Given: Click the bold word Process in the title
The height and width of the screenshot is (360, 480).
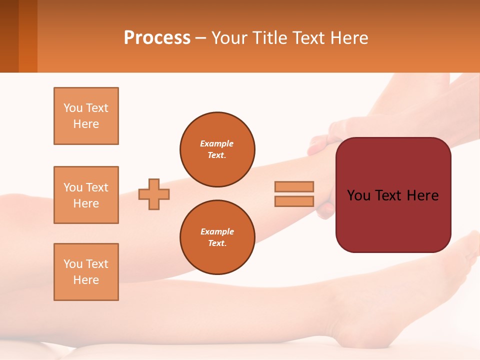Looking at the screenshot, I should coord(157,38).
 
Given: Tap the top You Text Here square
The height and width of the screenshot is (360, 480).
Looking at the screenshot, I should coord(86,116).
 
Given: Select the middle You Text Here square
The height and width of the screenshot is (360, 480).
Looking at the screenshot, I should coord(86,195).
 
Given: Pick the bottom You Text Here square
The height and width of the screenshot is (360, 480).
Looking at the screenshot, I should coord(86,272).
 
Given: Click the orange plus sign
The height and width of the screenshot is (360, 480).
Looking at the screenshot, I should coord(154,194).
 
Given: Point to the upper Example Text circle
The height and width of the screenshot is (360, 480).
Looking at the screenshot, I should coord(217,149).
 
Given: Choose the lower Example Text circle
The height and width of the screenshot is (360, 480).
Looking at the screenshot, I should coord(217,237).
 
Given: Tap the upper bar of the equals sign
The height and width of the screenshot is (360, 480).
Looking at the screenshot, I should coord(294,186).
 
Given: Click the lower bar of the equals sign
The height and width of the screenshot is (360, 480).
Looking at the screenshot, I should coord(294,201).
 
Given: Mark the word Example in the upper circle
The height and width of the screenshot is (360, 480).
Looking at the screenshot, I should coord(217,143).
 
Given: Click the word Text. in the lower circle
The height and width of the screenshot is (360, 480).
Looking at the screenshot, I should coord(217,243).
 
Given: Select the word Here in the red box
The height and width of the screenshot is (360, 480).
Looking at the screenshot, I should coord(422,195).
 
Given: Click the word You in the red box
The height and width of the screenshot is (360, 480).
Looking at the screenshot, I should coord(358,195).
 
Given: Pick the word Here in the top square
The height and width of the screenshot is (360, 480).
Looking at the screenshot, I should coord(86,124).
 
